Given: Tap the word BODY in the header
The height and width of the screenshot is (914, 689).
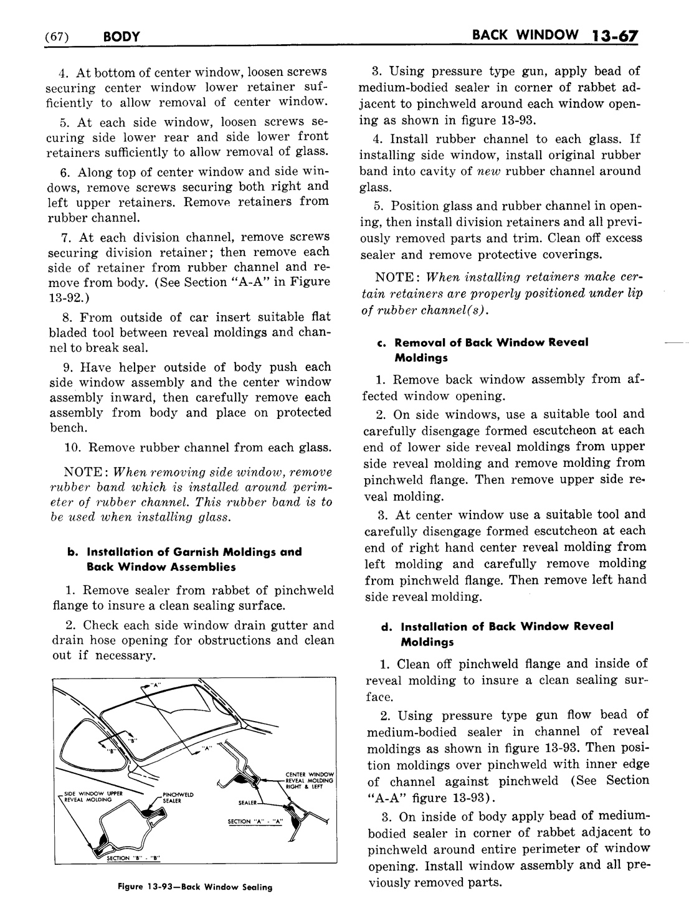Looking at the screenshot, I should (120, 37).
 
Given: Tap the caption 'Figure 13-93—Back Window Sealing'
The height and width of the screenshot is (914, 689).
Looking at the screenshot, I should (195, 887).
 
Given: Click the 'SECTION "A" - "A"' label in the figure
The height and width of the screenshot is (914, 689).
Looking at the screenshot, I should (255, 821).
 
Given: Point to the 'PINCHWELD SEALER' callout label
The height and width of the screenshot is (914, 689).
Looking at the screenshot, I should (178, 798).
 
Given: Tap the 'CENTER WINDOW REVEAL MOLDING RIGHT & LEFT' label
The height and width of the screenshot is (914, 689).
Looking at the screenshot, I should (310, 780).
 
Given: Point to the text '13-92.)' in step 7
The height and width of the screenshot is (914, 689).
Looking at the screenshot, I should (67, 297).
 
